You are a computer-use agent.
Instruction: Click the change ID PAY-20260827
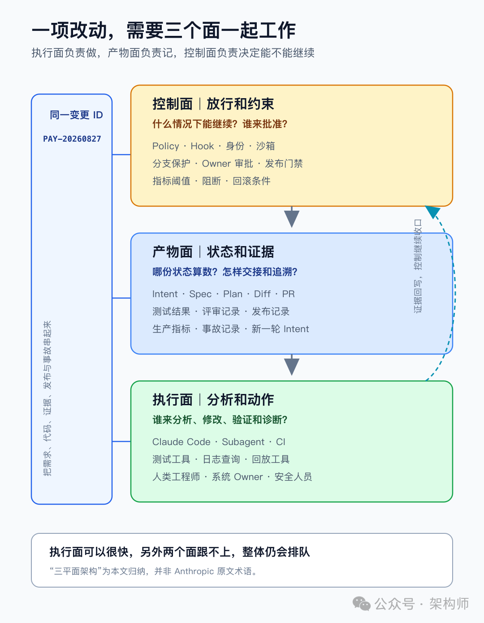[72, 139]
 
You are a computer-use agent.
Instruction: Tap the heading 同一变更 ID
[76, 115]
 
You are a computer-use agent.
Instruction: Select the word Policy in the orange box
[166, 146]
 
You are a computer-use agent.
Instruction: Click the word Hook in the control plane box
[202, 146]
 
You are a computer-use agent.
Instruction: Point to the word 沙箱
[265, 146]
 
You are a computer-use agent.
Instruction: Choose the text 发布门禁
[284, 164]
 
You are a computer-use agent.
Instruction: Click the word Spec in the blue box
[200, 294]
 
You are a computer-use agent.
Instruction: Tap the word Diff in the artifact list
[262, 294]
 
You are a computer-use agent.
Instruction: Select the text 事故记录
[221, 329]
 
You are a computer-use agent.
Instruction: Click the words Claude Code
[181, 442]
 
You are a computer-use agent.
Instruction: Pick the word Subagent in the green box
[243, 442]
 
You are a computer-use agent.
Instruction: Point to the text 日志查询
[221, 459]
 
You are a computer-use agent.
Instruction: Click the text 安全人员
[293, 477]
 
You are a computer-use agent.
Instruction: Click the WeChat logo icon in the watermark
[361, 604]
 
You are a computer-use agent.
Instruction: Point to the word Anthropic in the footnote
[194, 571]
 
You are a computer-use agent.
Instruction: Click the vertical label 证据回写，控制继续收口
[418, 266]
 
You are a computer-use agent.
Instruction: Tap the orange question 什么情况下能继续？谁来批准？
[220, 124]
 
